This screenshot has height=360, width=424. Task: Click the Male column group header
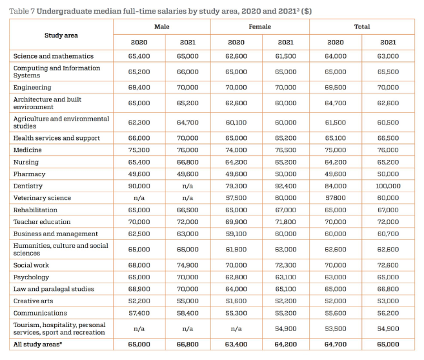[x=162, y=26]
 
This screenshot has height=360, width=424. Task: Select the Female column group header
[x=259, y=26]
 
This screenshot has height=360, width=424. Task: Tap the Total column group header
[x=362, y=26]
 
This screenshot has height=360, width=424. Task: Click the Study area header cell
[x=61, y=35]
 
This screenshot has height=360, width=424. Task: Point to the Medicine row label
[x=28, y=150]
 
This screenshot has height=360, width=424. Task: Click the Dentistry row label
[x=28, y=186]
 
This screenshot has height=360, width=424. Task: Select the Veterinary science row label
[x=42, y=198]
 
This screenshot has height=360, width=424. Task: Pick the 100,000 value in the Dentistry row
[x=388, y=186]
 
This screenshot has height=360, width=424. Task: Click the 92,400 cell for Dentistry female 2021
[x=285, y=186]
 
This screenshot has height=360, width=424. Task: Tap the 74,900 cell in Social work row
[x=188, y=265]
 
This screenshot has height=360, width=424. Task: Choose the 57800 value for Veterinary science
[x=336, y=198]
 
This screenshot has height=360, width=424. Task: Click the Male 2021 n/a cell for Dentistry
[x=188, y=186]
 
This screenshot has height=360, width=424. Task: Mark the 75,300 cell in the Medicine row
[x=139, y=150]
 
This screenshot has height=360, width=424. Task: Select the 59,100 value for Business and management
[x=236, y=234]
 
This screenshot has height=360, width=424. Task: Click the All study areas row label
[x=37, y=345]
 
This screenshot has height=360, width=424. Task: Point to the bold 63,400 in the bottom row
[x=236, y=345]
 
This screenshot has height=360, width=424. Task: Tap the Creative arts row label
[x=34, y=301]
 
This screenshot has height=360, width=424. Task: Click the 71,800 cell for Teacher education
[x=285, y=222]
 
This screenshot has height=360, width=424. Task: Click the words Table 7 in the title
[x=22, y=11]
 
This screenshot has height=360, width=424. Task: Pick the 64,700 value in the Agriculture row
[x=188, y=123]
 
